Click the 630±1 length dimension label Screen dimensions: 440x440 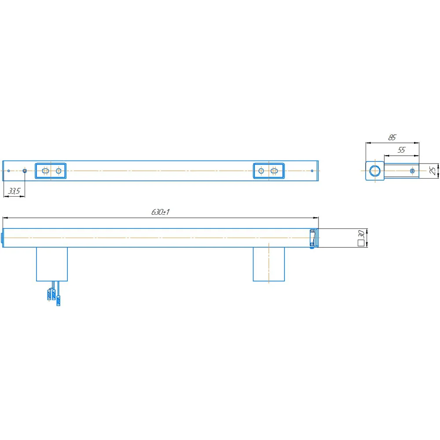[x=160, y=212]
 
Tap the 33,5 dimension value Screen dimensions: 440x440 [x=15, y=191]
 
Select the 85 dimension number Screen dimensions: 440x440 [x=392, y=137]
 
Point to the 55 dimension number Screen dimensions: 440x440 [x=402, y=150]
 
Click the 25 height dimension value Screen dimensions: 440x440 [x=433, y=171]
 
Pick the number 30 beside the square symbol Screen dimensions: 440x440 [x=361, y=234]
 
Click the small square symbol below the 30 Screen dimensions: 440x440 [x=361, y=243]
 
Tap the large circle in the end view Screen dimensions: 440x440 [x=375, y=171]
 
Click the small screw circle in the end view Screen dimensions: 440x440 [x=412, y=171]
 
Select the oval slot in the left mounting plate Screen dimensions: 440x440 [x=45, y=171]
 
